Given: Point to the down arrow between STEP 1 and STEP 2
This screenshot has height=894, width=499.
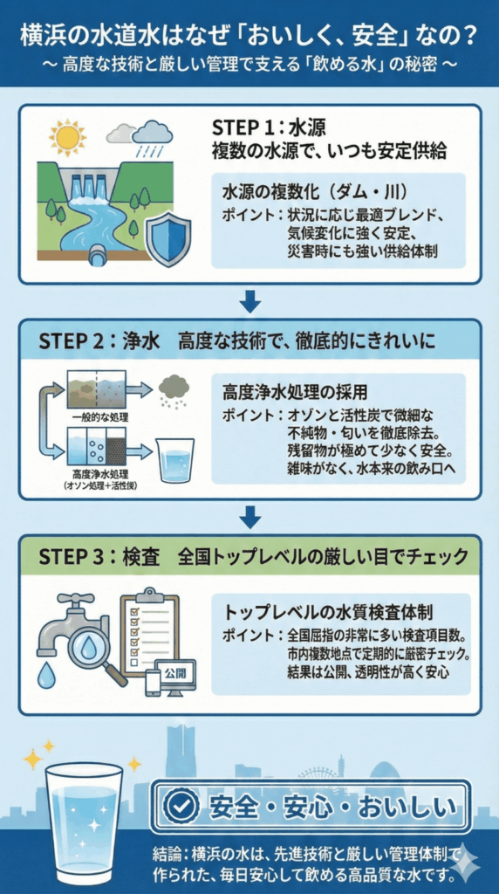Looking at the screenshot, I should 250,301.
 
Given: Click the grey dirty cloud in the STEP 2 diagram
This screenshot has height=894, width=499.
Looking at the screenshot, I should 174,387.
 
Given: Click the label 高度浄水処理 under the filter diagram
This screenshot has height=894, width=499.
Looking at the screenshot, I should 93,476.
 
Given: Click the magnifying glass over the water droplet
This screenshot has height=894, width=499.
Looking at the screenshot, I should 90,645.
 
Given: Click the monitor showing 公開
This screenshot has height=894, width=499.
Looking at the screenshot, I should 175,675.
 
